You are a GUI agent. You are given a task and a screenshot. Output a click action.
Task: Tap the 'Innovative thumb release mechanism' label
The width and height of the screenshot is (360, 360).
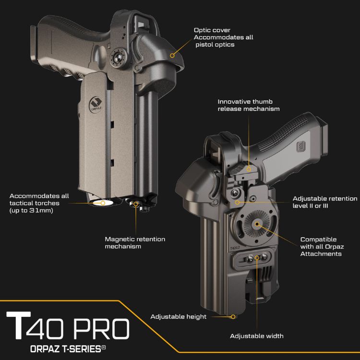(248, 105)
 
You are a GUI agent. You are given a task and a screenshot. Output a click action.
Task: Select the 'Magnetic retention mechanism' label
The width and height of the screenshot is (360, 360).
(135, 242)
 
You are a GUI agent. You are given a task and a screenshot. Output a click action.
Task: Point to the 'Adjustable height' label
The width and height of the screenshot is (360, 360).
(178, 317)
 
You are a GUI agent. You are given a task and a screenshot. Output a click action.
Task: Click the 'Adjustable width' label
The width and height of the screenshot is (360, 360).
(256, 336)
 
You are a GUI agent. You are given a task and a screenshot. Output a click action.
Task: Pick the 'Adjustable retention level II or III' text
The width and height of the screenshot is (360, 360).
(325, 202)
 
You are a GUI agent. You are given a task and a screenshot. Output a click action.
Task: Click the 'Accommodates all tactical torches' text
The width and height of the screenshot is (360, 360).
(39, 203)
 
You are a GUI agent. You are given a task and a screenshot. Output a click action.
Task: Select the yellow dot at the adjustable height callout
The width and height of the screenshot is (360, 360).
(233, 316)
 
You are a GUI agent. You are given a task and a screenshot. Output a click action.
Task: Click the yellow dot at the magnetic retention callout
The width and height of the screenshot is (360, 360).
(136, 204)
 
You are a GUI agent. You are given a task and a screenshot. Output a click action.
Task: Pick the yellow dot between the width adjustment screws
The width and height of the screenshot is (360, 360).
(257, 258)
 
